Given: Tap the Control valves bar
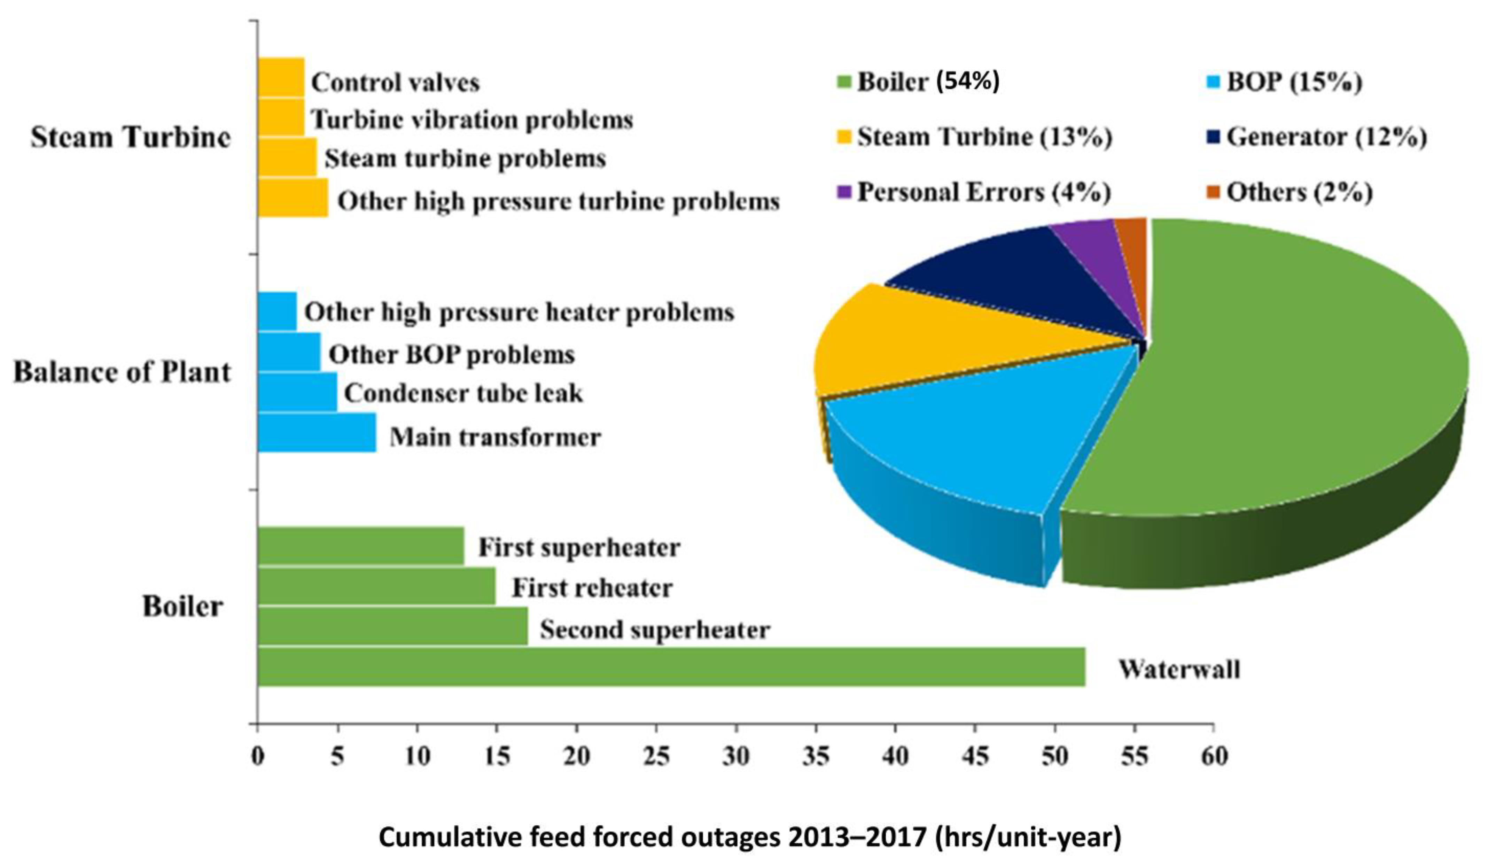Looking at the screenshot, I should tap(281, 77).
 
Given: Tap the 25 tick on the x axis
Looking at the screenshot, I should tap(656, 756).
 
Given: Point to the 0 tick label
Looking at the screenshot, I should tap(257, 756).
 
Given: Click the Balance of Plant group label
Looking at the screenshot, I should tap(122, 372).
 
